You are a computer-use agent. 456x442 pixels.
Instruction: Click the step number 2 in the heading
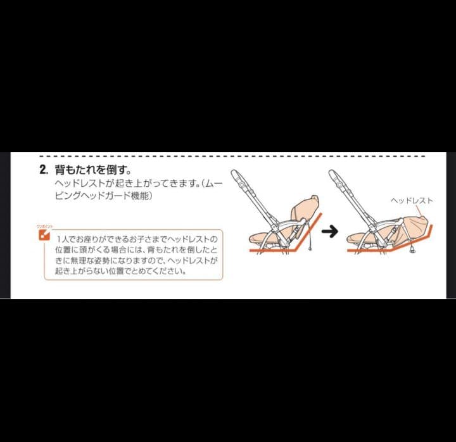[43, 170]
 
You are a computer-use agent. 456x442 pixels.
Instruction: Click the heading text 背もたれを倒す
[92, 170]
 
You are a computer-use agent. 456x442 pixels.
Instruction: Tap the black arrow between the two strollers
[329, 231]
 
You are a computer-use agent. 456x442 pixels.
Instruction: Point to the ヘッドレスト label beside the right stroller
[412, 200]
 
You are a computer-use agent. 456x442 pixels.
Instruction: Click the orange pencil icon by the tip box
[44, 235]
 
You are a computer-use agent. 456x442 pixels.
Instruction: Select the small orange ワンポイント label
[44, 226]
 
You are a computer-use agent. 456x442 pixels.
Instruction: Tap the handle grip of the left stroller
[235, 175]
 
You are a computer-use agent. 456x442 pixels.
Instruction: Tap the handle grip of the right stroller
[333, 175]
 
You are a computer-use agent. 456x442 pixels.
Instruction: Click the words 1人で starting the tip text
[64, 239]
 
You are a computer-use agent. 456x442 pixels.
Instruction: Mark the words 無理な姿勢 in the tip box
[92, 260]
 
